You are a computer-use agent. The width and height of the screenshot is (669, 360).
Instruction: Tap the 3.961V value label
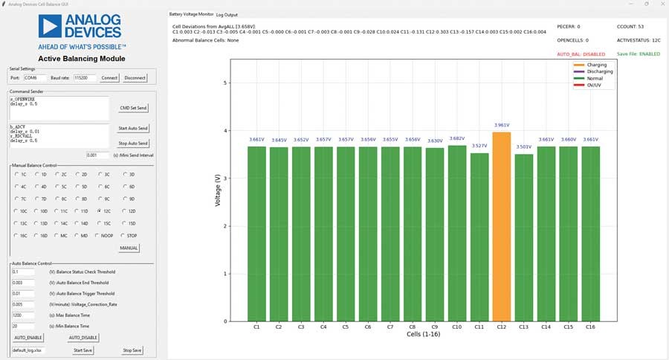(x=502, y=125)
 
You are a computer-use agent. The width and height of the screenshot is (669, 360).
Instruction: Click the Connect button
(x=109, y=77)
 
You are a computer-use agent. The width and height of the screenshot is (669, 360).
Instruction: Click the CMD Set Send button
(x=133, y=108)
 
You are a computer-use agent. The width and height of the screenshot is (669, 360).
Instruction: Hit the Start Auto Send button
(x=133, y=129)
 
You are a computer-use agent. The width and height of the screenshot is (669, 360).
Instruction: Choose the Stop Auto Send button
(x=133, y=143)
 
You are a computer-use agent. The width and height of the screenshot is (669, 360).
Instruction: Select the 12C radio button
(x=109, y=211)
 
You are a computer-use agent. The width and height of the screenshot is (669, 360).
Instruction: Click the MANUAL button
(x=129, y=248)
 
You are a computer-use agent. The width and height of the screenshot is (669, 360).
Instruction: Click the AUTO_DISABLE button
(x=83, y=337)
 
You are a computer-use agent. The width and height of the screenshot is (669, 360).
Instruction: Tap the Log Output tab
(x=227, y=14)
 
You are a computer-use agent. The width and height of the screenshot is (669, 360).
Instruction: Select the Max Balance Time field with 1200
(x=24, y=315)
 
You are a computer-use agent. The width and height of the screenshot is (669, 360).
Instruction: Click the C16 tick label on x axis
(x=591, y=326)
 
